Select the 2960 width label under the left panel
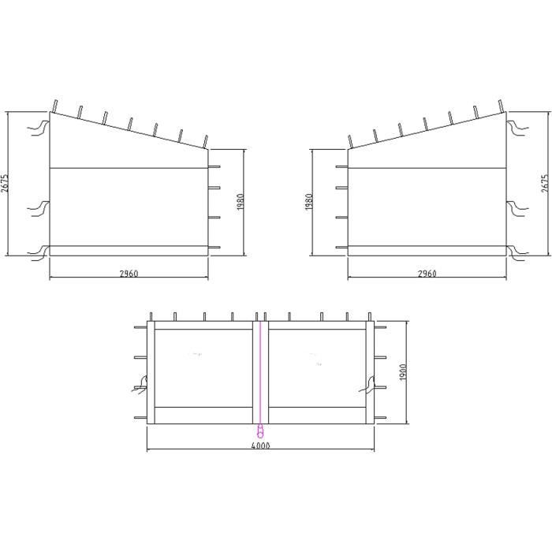[129, 274]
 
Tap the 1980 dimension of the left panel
[241, 202]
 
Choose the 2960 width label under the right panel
[427, 274]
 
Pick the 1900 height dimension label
[401, 371]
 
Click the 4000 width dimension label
[260, 446]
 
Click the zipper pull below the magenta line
[260, 432]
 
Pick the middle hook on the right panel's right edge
[517, 208]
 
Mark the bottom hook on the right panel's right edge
[517, 252]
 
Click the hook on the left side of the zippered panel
[140, 384]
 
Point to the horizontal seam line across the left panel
[129, 169]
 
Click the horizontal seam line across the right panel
[427, 169]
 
